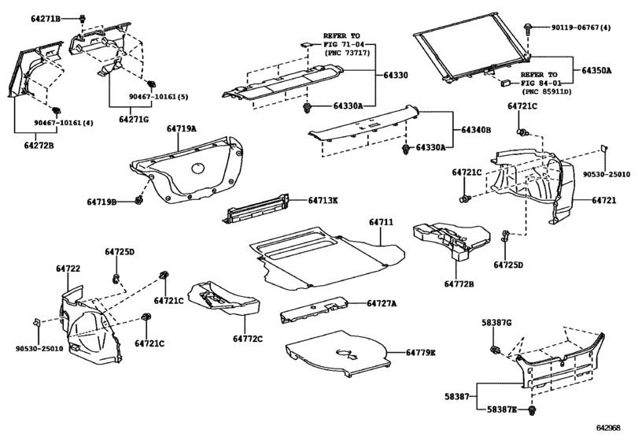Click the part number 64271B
[45, 19]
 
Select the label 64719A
[181, 128]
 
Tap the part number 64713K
[323, 200]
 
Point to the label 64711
[382, 222]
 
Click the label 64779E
[420, 353]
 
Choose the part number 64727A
[382, 303]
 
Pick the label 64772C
[248, 339]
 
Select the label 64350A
[596, 70]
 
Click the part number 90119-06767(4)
[581, 28]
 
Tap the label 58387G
[496, 323]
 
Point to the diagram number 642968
[608, 428]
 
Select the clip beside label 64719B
[138, 200]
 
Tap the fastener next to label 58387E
[531, 410]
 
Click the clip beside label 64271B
[83, 18]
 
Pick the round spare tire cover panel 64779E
[338, 353]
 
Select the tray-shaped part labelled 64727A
[313, 310]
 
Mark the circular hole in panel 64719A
[198, 169]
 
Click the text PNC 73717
[347, 53]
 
